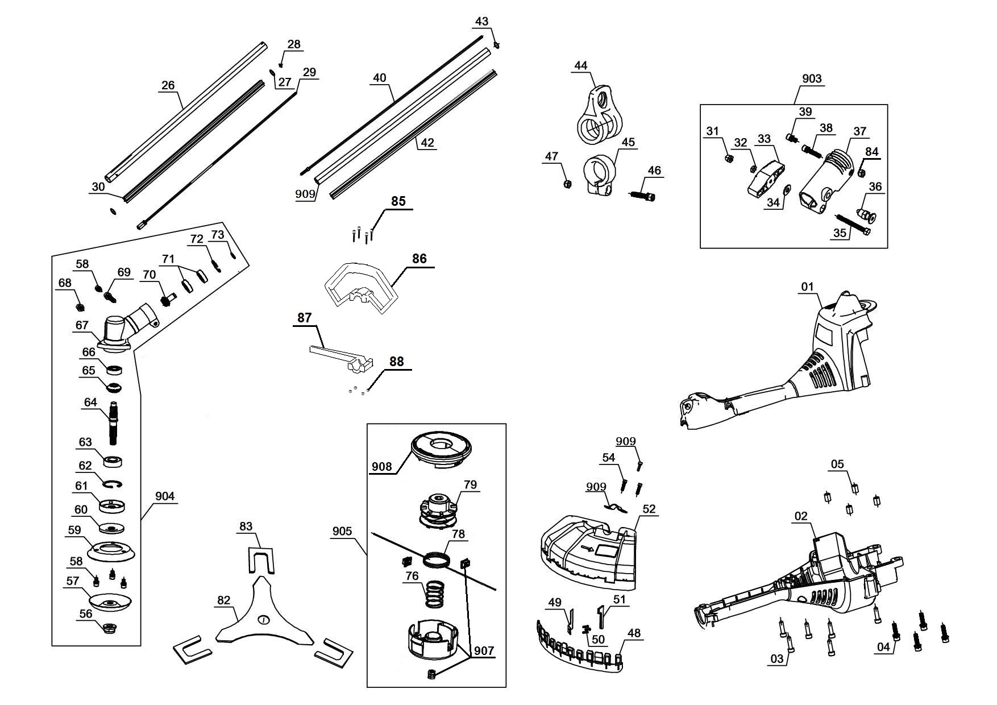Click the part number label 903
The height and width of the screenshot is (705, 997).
pyautogui.click(x=811, y=78)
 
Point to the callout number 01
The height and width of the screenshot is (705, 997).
pyautogui.click(x=808, y=287)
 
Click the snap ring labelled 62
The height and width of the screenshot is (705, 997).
pyautogui.click(x=114, y=484)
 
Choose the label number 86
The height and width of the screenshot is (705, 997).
pyautogui.click(x=419, y=259)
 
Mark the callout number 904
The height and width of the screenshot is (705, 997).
pyautogui.click(x=165, y=496)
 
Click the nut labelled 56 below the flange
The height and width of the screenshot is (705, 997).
pyautogui.click(x=107, y=628)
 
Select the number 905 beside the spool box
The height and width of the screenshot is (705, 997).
pyautogui.click(x=342, y=531)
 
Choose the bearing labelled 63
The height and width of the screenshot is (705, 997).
pyautogui.click(x=114, y=460)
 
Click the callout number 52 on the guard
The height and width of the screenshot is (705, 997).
pyautogui.click(x=649, y=509)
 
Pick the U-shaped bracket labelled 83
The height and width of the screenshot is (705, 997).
pyautogui.click(x=261, y=560)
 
